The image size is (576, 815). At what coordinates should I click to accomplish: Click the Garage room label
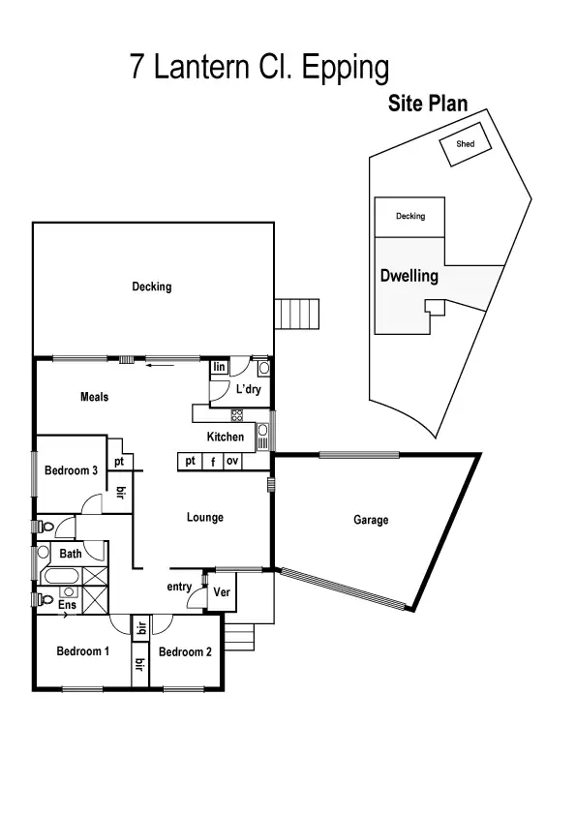pos(371,521)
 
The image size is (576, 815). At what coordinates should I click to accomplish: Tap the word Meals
pos(94,397)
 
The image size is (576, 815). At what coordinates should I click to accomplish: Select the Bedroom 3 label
pos(71,471)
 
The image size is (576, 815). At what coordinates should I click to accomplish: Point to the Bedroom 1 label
pos(82,651)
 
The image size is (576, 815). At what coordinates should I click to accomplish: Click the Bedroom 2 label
pos(185,651)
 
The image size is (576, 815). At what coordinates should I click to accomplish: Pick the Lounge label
pos(205,518)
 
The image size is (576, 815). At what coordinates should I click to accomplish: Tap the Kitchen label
pos(226,438)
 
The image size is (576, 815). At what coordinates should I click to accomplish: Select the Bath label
pos(71,554)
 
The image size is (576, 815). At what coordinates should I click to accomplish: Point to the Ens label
pos(68,605)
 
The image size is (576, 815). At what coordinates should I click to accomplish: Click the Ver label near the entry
pos(222,591)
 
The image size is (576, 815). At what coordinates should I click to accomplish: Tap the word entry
pos(179,587)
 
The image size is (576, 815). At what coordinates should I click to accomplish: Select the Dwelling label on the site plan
pos(409,276)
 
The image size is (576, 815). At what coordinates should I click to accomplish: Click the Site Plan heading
pos(428,104)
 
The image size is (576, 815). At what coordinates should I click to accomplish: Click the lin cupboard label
pos(219,367)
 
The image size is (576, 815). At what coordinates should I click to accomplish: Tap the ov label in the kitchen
pos(232,462)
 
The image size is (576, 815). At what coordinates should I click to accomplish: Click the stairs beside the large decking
pos(297,315)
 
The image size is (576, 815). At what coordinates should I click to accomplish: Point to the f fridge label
pos(212,462)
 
